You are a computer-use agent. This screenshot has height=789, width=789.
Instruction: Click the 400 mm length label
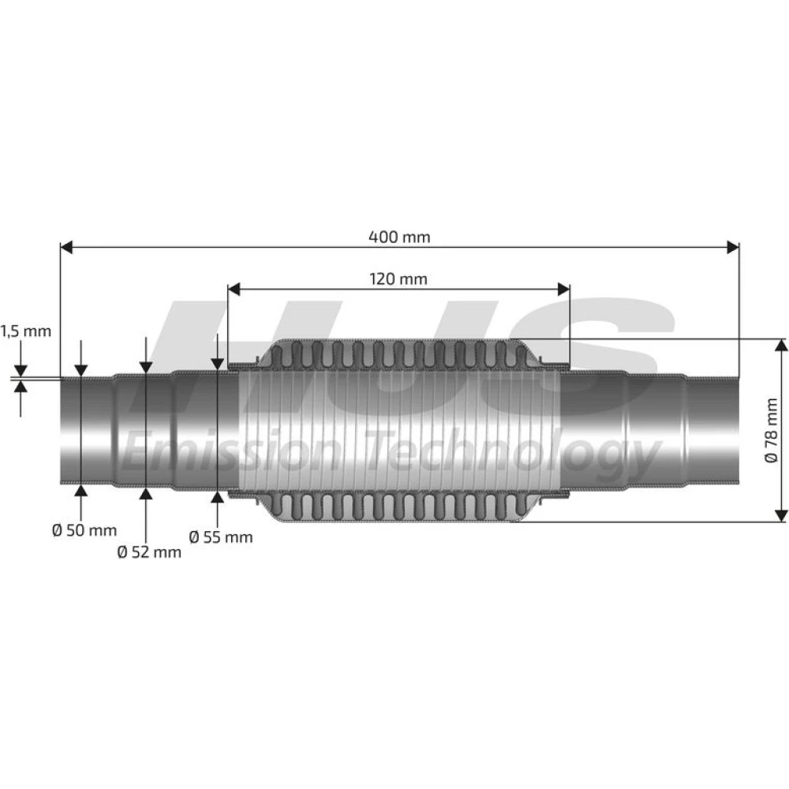(399, 237)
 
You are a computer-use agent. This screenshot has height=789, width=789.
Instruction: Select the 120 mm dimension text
(398, 279)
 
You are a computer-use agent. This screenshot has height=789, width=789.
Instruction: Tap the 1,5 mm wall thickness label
(26, 331)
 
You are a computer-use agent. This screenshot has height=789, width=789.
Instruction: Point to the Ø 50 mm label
(84, 530)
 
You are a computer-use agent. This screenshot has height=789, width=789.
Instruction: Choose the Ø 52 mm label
(149, 552)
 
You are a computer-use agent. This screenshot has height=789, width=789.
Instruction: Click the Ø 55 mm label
(221, 537)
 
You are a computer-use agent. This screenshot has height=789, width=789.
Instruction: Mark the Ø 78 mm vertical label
(771, 430)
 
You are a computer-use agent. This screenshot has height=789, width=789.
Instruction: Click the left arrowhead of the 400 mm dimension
(66, 247)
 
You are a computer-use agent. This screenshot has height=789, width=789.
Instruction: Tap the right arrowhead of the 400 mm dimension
(733, 247)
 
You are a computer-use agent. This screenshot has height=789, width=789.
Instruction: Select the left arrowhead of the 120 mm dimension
(234, 290)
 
